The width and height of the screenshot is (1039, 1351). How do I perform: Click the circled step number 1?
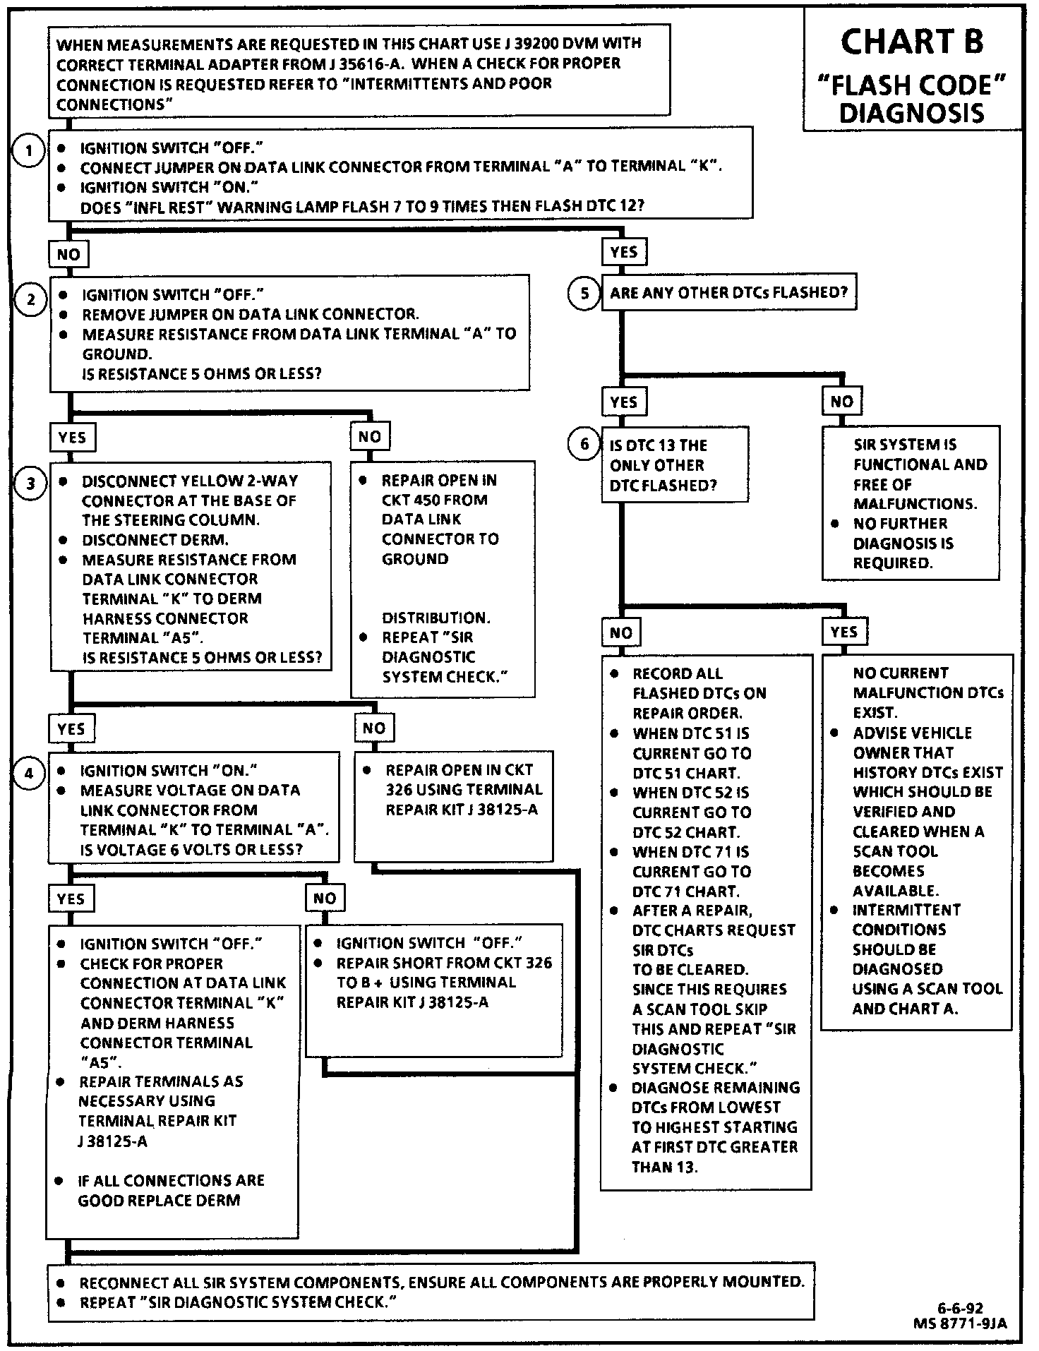pyautogui.click(x=28, y=152)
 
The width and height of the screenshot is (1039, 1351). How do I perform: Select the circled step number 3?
pyautogui.click(x=30, y=484)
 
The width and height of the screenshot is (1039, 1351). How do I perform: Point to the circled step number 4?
pyautogui.click(x=29, y=774)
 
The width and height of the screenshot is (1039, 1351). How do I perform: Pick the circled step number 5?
pyautogui.click(x=584, y=293)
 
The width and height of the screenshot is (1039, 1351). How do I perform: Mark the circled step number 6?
pyautogui.click(x=584, y=445)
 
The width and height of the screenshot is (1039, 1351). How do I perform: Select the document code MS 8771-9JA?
pyautogui.click(x=959, y=1323)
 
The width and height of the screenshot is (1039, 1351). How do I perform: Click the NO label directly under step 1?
pyautogui.click(x=68, y=254)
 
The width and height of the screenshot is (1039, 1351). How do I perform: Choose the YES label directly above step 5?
pyautogui.click(x=624, y=252)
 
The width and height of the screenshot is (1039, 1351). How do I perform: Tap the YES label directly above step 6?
pyautogui.click(x=624, y=402)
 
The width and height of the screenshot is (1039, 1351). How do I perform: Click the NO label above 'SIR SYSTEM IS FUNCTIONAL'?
pyautogui.click(x=841, y=402)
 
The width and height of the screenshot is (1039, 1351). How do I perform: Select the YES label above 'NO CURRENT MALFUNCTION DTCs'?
pyautogui.click(x=844, y=632)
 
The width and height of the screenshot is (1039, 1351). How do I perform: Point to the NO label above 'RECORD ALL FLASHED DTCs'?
pyautogui.click(x=621, y=632)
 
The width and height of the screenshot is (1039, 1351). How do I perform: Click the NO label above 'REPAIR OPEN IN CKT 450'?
pyautogui.click(x=370, y=437)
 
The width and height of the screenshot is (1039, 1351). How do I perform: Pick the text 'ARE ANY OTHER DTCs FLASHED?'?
pyautogui.click(x=728, y=293)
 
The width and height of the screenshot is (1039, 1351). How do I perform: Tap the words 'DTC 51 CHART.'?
pyautogui.click(x=686, y=773)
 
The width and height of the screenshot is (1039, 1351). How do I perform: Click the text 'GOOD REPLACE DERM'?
pyautogui.click(x=159, y=1201)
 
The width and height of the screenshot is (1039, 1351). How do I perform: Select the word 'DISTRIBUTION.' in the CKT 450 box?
pyautogui.click(x=436, y=618)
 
